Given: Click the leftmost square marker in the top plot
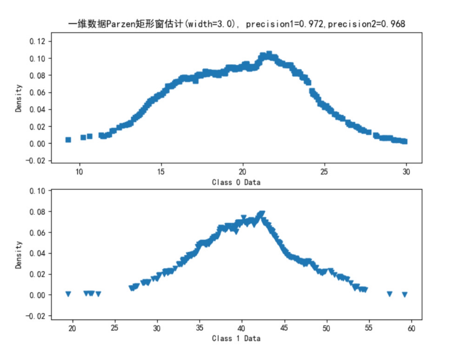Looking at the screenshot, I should tap(68, 140).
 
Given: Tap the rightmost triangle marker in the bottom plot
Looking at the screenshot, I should tap(405, 294).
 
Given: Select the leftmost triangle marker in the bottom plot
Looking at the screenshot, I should tap(68, 294).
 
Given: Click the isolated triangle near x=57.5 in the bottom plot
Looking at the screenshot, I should tap(390, 294).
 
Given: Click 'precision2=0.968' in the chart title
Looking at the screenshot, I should tap(366, 24).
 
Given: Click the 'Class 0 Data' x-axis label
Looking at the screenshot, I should tap(236, 182).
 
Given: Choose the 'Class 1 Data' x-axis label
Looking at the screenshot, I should tap(236, 338).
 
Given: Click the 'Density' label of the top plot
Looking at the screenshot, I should tap(18, 98).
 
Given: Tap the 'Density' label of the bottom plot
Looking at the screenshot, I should tap(18, 254).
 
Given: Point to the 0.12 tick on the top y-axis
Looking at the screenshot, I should tap(37, 41).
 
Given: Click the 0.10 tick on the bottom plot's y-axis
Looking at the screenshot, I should tap(37, 191).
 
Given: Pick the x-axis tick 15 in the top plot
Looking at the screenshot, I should tap(161, 172).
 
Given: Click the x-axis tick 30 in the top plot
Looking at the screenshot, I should tap(406, 172).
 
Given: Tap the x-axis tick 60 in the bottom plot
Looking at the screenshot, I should tap(411, 328).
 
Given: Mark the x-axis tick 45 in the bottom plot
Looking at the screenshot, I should tap(284, 328).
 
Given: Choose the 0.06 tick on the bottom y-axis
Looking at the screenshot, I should tap(37, 233).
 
